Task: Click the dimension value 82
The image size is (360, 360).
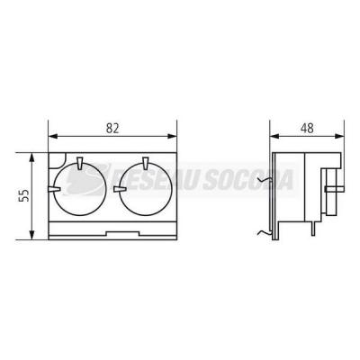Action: click(112, 128)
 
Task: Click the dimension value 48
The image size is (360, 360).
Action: click(307, 128)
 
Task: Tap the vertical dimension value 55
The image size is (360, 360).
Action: click(25, 195)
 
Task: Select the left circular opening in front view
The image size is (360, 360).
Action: click(81, 190)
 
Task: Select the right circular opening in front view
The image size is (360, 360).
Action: click(147, 190)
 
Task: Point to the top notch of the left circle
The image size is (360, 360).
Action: click(80, 163)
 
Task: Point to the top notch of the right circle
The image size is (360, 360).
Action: click(146, 163)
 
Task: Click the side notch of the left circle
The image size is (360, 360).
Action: click(54, 189)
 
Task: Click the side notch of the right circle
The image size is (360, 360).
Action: click(120, 189)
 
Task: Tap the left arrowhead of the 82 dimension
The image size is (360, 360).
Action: click(53, 137)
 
